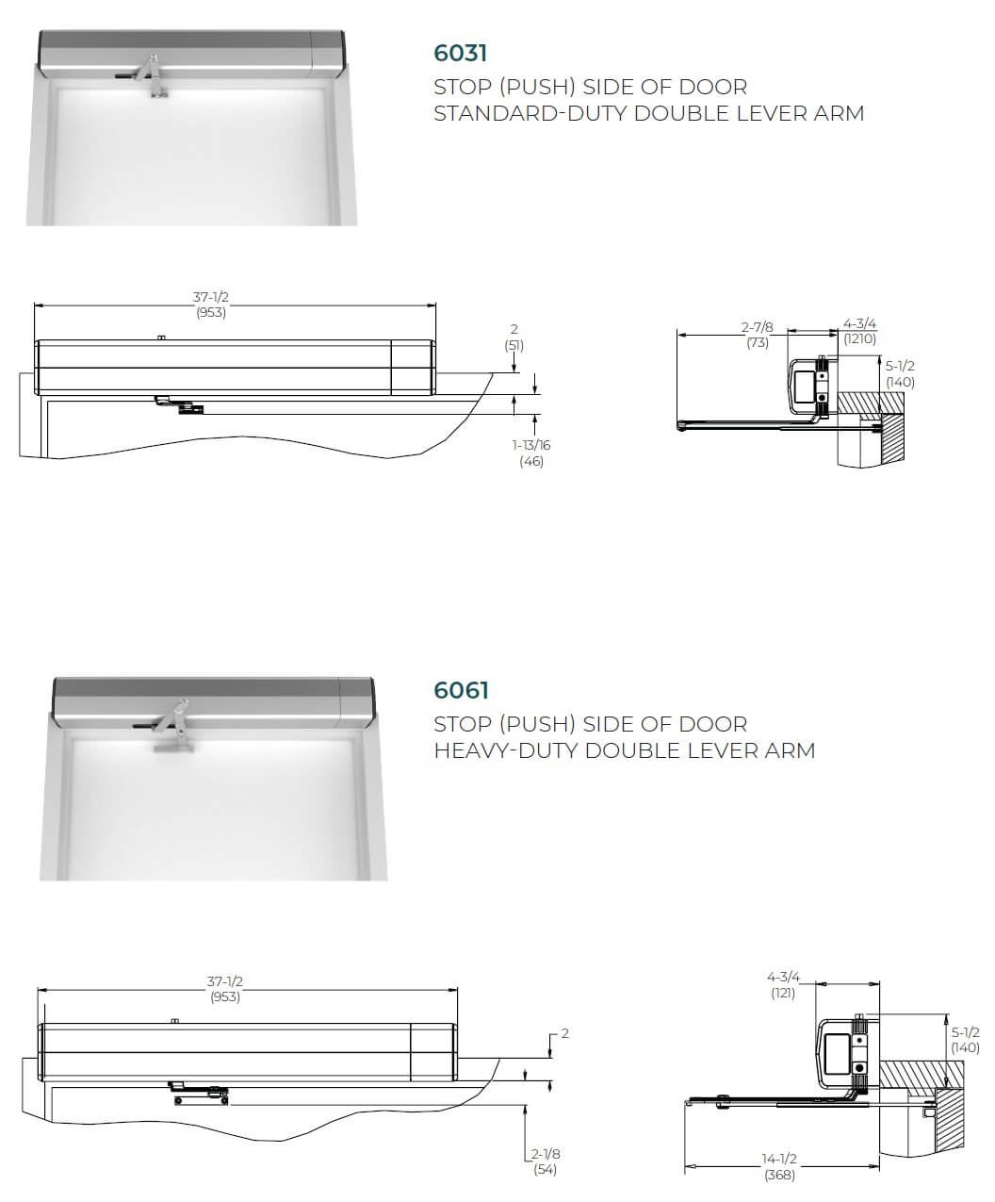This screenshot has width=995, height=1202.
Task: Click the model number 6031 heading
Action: click(461, 53)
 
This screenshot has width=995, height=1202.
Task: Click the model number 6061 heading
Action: click(462, 690)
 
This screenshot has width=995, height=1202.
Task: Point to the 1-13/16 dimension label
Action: click(531, 445)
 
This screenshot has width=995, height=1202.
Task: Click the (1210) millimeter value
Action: click(859, 338)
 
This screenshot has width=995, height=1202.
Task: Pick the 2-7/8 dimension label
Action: click(757, 327)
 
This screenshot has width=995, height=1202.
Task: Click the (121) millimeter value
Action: click(783, 993)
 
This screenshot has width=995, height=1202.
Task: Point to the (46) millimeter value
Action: click(531, 461)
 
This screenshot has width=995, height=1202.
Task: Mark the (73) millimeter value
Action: click(758, 342)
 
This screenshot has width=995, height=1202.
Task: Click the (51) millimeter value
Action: click(514, 345)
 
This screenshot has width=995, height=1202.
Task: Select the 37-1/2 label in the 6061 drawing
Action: click(225, 981)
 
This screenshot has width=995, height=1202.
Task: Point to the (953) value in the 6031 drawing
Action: click(211, 313)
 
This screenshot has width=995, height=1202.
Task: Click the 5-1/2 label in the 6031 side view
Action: click(900, 366)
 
